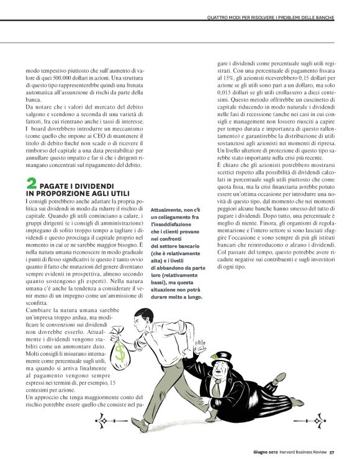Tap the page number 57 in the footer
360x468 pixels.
[x=332, y=452]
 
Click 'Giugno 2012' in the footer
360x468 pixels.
[x=265, y=452]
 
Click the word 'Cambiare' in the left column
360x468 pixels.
[x=37, y=309]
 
